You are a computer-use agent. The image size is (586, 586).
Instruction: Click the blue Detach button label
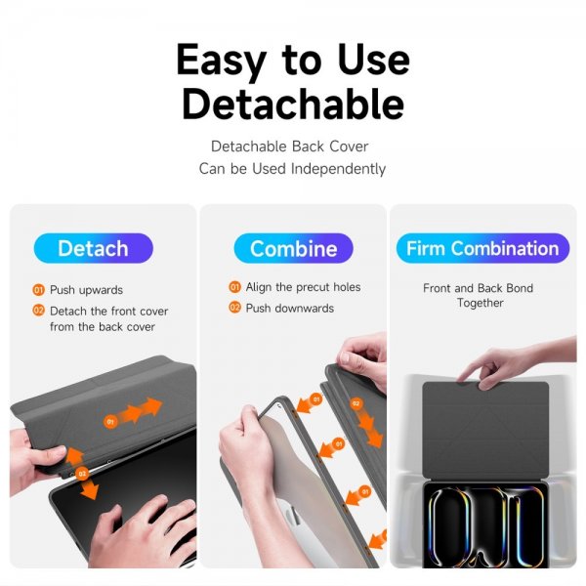pos(93,248)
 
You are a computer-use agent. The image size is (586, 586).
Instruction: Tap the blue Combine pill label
pos(293,248)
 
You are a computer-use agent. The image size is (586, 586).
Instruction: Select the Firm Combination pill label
pos(482,248)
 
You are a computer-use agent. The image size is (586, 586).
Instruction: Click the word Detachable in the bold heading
pos(293,104)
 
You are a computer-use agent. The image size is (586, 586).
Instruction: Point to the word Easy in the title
pos(221,61)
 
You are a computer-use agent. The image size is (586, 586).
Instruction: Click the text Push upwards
pos(86,290)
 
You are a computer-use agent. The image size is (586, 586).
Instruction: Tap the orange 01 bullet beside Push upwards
pos(38,290)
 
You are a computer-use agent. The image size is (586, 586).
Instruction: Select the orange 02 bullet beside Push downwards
pos(234,308)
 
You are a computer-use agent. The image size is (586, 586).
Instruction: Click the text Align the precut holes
pos(303,287)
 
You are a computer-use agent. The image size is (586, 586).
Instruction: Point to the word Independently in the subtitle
pos(338,169)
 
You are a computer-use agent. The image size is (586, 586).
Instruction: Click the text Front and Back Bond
pos(478,288)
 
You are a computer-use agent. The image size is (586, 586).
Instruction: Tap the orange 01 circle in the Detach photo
pos(110,422)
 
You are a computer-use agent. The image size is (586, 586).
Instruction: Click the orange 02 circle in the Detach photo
pos(82,474)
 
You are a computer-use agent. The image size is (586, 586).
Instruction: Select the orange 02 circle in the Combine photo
pos(356,403)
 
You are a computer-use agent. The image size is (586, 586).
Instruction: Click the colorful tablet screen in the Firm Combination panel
pos(485,525)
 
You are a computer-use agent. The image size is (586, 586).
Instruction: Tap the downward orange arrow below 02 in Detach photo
pos(90,489)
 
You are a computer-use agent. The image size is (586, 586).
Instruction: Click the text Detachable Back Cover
pos(290,146)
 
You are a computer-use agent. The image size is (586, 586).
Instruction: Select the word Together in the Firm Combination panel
pos(480,303)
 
